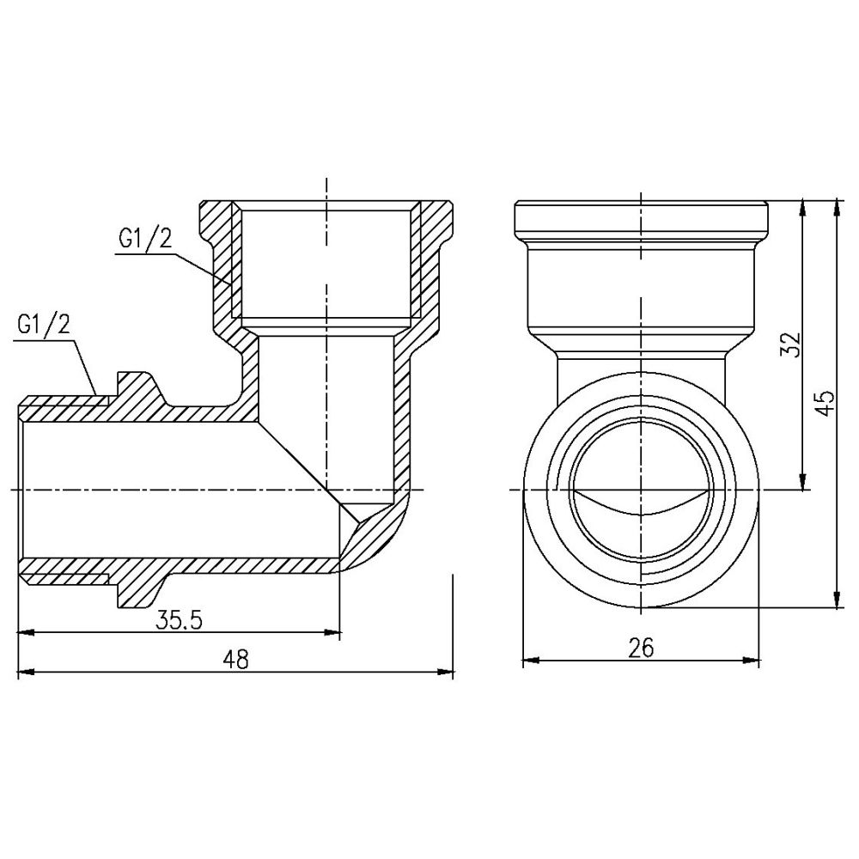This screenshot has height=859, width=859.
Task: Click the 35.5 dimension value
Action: point(179,620)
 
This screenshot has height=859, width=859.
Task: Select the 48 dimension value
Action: point(235,660)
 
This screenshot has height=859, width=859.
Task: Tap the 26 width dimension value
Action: point(640,648)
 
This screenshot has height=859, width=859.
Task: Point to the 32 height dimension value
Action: point(793,344)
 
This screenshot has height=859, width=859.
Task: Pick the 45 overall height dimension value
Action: point(825,402)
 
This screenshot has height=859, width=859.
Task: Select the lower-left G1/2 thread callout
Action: point(43,326)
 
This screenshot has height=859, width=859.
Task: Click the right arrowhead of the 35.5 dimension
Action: point(335,633)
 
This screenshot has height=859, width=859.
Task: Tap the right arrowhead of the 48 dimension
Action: point(448,673)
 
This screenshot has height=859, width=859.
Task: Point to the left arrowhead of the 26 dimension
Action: point(529,661)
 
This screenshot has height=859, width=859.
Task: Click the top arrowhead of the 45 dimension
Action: point(838,207)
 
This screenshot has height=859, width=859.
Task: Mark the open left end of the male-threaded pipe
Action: point(21,489)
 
